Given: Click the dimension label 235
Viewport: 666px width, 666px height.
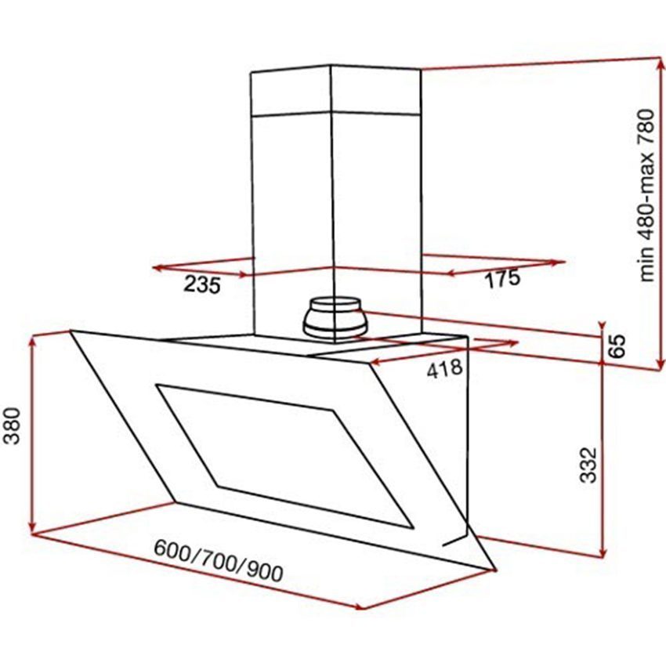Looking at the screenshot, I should [203, 285].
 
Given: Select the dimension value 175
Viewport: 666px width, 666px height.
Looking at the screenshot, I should [501, 279].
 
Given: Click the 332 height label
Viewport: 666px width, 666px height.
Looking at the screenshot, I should [589, 465].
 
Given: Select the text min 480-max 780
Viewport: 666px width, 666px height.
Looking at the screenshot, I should [646, 194].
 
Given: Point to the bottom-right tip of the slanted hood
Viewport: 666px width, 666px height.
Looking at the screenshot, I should [496, 568].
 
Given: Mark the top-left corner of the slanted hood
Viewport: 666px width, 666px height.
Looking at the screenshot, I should [71, 331].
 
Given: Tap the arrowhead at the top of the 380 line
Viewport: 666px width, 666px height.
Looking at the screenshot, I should [32, 340].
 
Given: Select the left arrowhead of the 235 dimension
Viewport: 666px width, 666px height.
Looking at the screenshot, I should [154, 268].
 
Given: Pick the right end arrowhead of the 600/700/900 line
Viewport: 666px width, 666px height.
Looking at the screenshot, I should [360, 607].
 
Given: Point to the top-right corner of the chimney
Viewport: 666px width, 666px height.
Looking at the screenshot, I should [422, 71].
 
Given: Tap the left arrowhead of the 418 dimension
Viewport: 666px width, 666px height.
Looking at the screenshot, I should [371, 363].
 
